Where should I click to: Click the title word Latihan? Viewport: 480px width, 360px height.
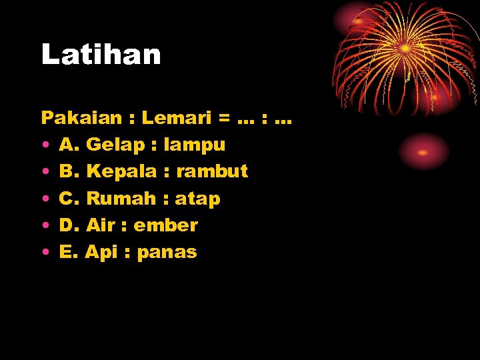click(101, 55)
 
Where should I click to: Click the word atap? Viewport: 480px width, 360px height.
click(197, 199)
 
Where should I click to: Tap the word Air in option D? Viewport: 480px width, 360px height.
click(101, 225)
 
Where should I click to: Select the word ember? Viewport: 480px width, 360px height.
click(165, 225)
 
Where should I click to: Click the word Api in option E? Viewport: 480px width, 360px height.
click(101, 252)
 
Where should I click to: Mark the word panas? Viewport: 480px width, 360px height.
click(167, 253)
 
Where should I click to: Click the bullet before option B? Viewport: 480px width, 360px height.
click(43, 172)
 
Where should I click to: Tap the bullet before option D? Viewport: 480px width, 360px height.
click(43, 225)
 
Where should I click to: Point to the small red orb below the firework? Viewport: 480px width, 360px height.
click(423, 151)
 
